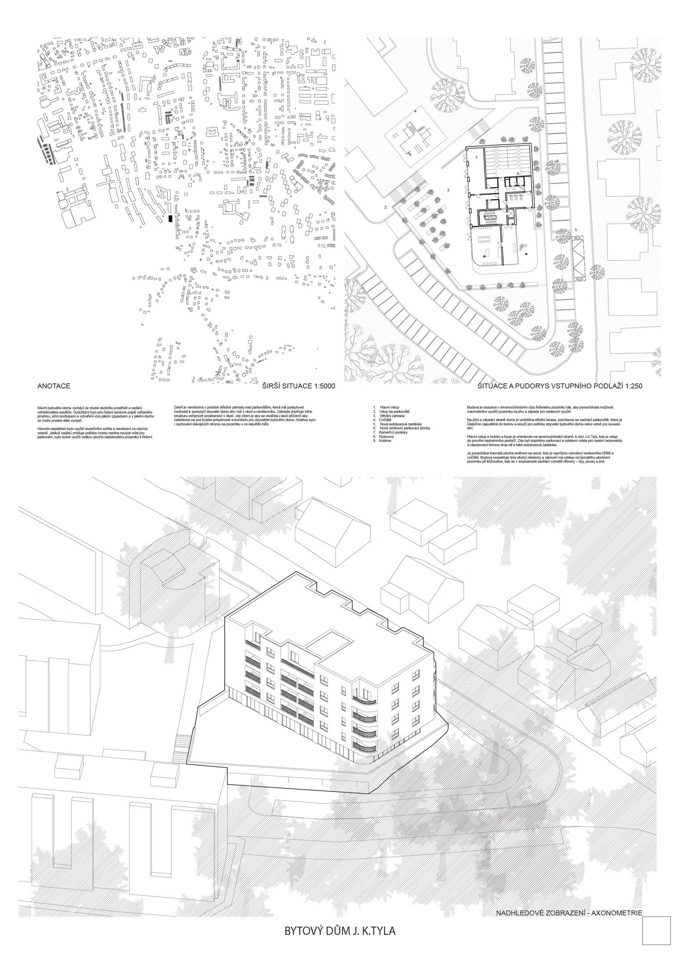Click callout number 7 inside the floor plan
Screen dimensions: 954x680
coord(475,157)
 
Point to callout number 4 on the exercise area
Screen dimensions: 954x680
coord(415,112)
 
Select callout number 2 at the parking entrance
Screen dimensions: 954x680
coord(385,207)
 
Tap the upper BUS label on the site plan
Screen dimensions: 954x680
coord(578,238)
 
